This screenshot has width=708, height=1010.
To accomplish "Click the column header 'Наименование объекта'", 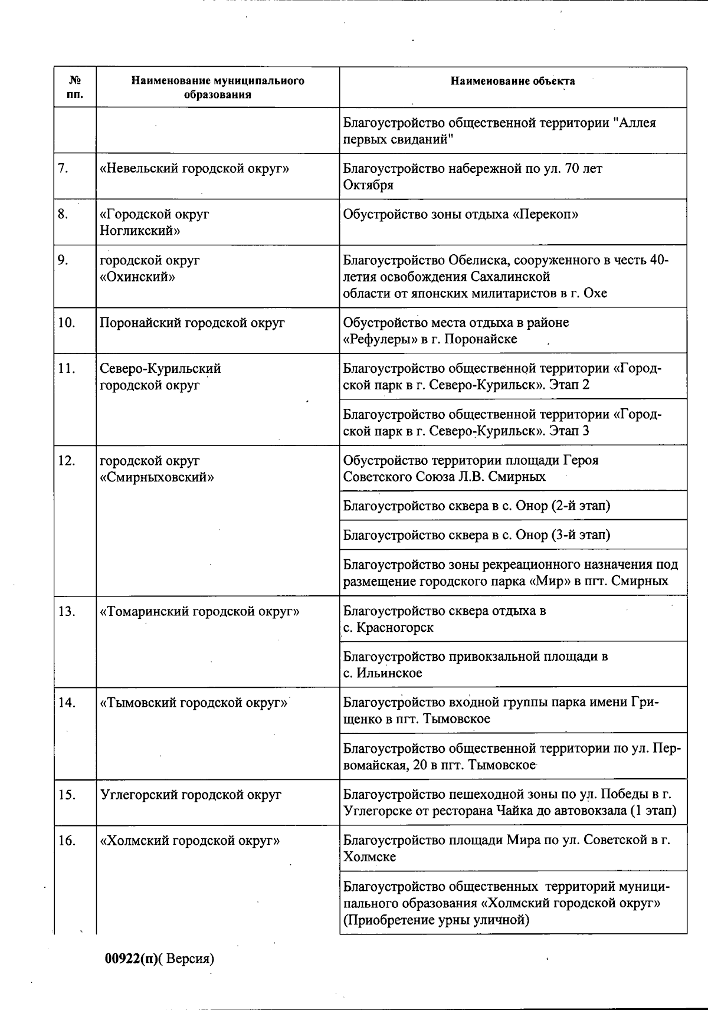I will click(512, 81).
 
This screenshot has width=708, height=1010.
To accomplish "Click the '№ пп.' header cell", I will click(75, 87).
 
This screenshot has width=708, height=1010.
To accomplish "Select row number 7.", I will click(64, 169).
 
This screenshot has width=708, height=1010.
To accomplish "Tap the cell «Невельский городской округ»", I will click(194, 169).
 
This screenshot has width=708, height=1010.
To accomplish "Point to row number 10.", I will click(67, 323).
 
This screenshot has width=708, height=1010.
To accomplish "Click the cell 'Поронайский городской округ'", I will click(192, 323).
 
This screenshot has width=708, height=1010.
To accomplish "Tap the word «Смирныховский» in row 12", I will click(156, 477).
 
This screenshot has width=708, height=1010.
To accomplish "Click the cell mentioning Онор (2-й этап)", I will click(477, 506).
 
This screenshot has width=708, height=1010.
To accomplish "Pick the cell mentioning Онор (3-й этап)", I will click(477, 535).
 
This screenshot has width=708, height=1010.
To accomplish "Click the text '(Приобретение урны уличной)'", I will click(436, 920).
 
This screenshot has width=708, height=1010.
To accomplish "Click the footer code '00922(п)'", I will click(131, 959).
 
